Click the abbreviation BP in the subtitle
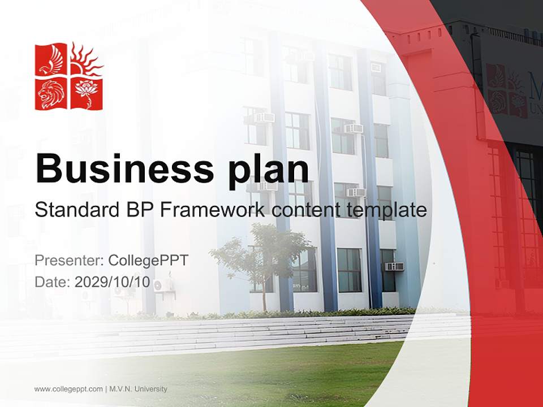pos(137,210)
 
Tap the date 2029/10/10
pos(113,282)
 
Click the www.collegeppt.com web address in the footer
pos(68,389)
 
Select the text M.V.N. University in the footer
pos(139,389)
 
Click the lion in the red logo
pos(51,93)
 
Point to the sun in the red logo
pos(86,59)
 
